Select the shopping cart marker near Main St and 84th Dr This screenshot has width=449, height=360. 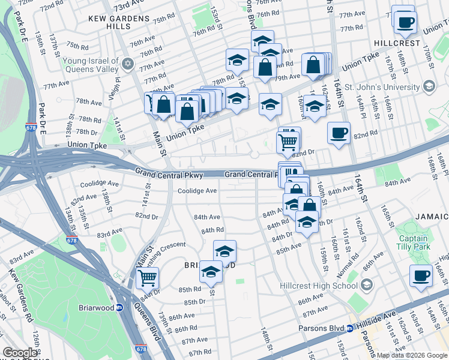(147, 278)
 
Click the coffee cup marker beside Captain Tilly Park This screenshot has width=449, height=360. (421, 275)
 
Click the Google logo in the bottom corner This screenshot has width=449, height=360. (20, 353)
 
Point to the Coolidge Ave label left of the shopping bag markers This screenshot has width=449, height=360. (197, 191)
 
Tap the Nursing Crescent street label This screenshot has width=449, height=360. (180, 245)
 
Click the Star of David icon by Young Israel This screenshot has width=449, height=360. (127, 64)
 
